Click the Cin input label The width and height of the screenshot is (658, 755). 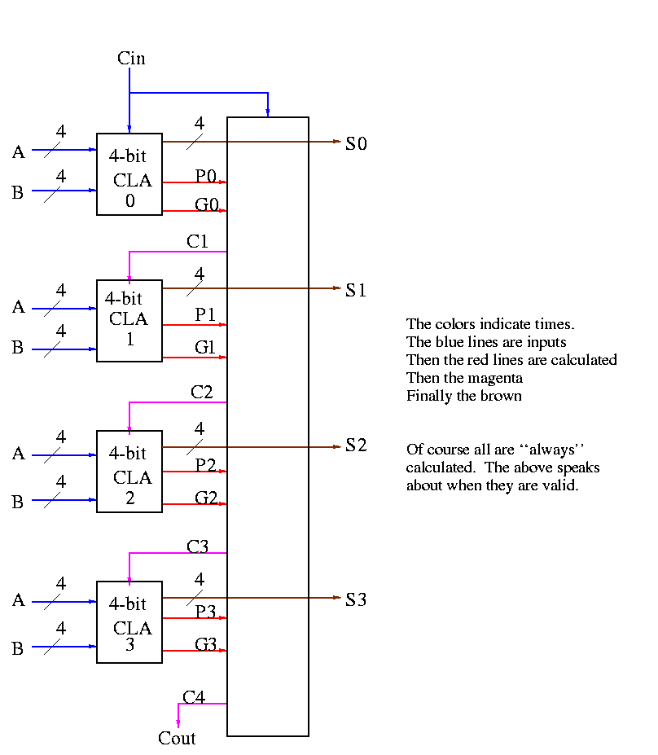[131, 58]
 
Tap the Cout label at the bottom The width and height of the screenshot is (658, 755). [177, 739]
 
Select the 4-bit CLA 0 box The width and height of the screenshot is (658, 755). [129, 174]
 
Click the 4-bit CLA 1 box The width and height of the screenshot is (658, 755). [129, 321]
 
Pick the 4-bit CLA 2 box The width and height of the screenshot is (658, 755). [129, 472]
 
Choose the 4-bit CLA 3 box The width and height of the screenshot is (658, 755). [129, 622]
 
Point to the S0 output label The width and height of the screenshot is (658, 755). [357, 144]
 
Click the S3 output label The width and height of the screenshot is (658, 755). [357, 600]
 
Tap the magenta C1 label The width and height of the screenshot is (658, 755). [198, 241]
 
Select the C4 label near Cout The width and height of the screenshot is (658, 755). [194, 697]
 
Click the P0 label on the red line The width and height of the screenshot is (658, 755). [206, 175]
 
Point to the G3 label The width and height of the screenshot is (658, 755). [206, 645]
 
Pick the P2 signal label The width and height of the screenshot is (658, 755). [206, 465]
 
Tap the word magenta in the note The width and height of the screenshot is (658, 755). [496, 378]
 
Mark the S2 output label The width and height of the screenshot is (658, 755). [357, 446]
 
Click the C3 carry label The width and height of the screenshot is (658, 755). [198, 546]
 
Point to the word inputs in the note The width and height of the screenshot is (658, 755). [546, 342]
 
